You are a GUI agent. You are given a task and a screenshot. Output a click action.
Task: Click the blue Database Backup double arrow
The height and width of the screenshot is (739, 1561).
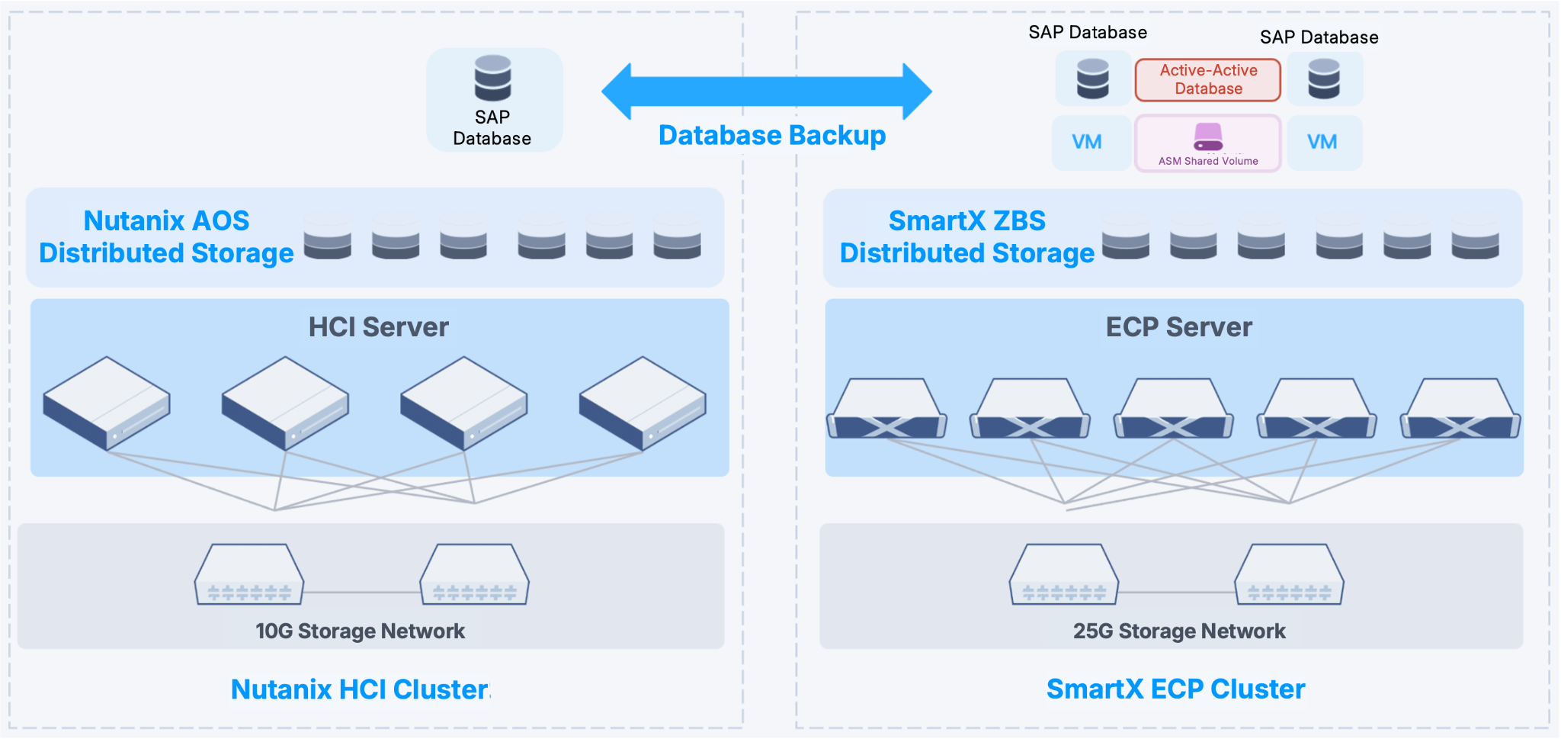(766, 92)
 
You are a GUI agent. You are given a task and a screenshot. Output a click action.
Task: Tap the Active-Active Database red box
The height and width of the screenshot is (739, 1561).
(1208, 80)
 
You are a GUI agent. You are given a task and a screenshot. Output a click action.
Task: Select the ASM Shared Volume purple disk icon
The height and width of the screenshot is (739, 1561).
(1208, 137)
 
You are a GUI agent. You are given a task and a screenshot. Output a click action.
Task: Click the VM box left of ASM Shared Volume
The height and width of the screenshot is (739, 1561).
(1088, 143)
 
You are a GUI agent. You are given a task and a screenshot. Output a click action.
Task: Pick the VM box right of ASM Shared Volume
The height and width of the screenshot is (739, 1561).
(1322, 143)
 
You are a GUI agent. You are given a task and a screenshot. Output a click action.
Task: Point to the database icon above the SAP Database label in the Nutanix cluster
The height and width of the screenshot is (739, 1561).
(493, 78)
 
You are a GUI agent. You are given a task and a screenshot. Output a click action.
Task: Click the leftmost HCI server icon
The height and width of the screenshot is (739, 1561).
(107, 403)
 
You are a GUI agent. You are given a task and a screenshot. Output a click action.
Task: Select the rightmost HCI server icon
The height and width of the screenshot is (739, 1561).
(643, 403)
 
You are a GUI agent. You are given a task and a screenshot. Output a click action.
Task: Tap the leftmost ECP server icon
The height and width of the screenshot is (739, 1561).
(886, 410)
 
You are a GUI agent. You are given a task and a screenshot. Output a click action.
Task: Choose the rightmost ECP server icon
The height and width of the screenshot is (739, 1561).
(1460, 410)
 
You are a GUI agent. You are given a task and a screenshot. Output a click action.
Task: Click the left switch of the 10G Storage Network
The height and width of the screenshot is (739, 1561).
(249, 575)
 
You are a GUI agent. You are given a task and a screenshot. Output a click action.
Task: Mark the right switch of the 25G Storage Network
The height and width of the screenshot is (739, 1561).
(1289, 575)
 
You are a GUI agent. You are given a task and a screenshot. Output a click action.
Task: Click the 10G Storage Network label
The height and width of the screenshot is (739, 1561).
(360, 631)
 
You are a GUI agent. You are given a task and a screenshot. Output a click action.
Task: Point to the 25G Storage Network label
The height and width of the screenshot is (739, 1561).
(1179, 631)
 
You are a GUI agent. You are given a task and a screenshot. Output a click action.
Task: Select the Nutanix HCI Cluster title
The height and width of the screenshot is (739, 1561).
(360, 689)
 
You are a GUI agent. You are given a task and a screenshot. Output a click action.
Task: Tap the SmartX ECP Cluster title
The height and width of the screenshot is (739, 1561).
(1175, 689)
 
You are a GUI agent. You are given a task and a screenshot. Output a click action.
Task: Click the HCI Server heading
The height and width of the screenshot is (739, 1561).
(378, 327)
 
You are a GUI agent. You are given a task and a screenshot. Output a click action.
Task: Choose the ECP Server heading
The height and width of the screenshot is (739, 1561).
(1178, 327)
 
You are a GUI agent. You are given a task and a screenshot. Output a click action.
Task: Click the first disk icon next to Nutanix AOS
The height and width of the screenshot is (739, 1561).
(328, 236)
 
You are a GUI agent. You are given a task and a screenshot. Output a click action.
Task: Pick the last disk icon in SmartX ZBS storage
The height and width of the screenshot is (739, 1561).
(1475, 236)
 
